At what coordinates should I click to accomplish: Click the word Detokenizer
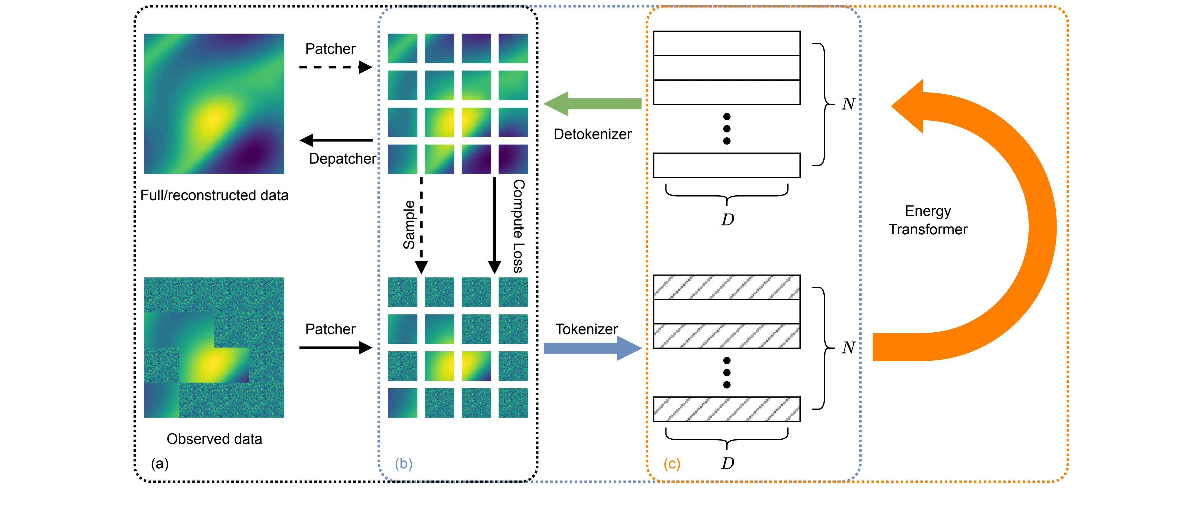pos(592,134)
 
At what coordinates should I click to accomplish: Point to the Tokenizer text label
pos(586,329)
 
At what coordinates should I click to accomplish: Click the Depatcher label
pos(342,159)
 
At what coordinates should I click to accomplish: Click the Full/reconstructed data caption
pos(214,195)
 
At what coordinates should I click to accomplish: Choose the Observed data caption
pos(214,439)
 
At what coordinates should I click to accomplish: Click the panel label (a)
pos(160,464)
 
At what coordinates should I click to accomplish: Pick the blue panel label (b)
pos(404,464)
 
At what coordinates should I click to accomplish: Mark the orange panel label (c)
pos(672,464)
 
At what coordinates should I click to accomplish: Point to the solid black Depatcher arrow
pos(336,140)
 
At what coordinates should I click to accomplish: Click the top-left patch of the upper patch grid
pos(402,48)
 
